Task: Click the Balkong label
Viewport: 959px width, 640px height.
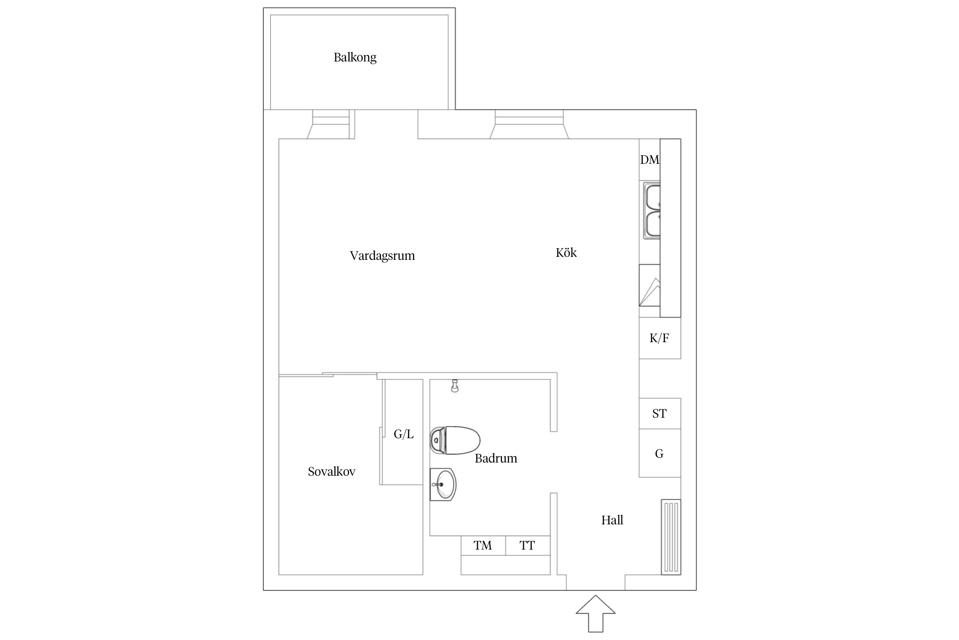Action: (355, 57)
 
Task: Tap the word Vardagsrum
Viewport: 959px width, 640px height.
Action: (382, 256)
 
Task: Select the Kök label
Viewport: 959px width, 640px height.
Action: (566, 253)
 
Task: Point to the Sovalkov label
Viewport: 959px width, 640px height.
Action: (331, 471)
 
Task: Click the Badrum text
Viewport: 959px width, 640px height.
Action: (496, 458)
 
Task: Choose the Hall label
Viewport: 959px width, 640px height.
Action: (612, 520)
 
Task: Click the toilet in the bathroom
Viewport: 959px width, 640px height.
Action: (455, 440)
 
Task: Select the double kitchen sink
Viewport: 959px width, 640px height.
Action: (652, 211)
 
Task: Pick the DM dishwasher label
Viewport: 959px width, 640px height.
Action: (649, 160)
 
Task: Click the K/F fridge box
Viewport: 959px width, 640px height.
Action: (659, 338)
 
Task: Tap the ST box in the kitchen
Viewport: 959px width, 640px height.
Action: (659, 413)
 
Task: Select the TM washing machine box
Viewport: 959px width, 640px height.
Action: (483, 545)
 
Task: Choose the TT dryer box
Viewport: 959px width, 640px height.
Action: (527, 545)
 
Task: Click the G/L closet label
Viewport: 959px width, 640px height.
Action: (403, 434)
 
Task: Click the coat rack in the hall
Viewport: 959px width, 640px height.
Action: (671, 537)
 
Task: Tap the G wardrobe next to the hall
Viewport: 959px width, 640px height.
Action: (659, 454)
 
